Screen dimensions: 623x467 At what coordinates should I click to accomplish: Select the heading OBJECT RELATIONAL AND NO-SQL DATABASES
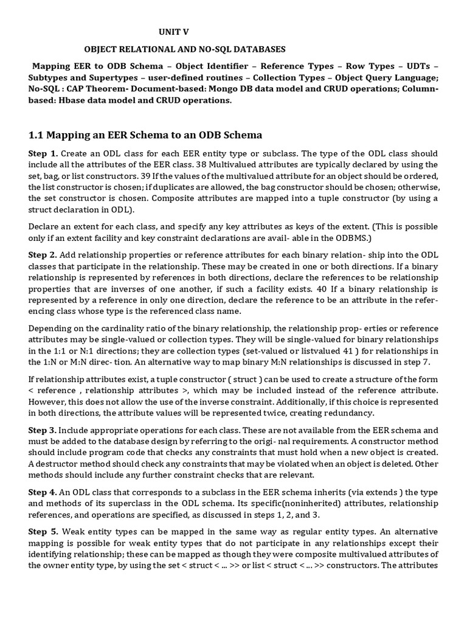pyautogui.click(x=184, y=49)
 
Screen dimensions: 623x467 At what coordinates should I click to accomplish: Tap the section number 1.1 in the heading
pyautogui.click(x=38, y=134)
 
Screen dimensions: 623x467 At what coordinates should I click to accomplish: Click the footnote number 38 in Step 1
pyautogui.click(x=219, y=164)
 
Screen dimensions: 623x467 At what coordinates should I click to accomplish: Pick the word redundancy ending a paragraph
pyautogui.click(x=389, y=413)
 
